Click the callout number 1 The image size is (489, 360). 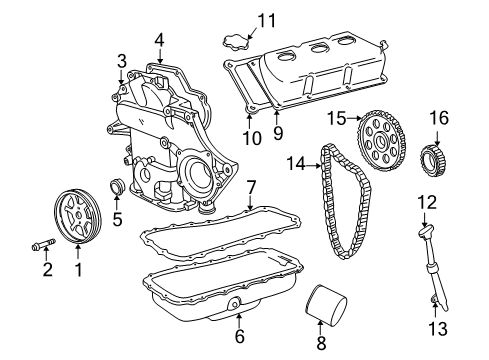coord(78,268)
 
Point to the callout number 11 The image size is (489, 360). coord(266,19)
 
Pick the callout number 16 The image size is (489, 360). coord(440,118)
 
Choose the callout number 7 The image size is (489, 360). coord(251,187)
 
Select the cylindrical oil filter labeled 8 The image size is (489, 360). coord(321,305)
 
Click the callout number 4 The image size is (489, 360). coord(158,40)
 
